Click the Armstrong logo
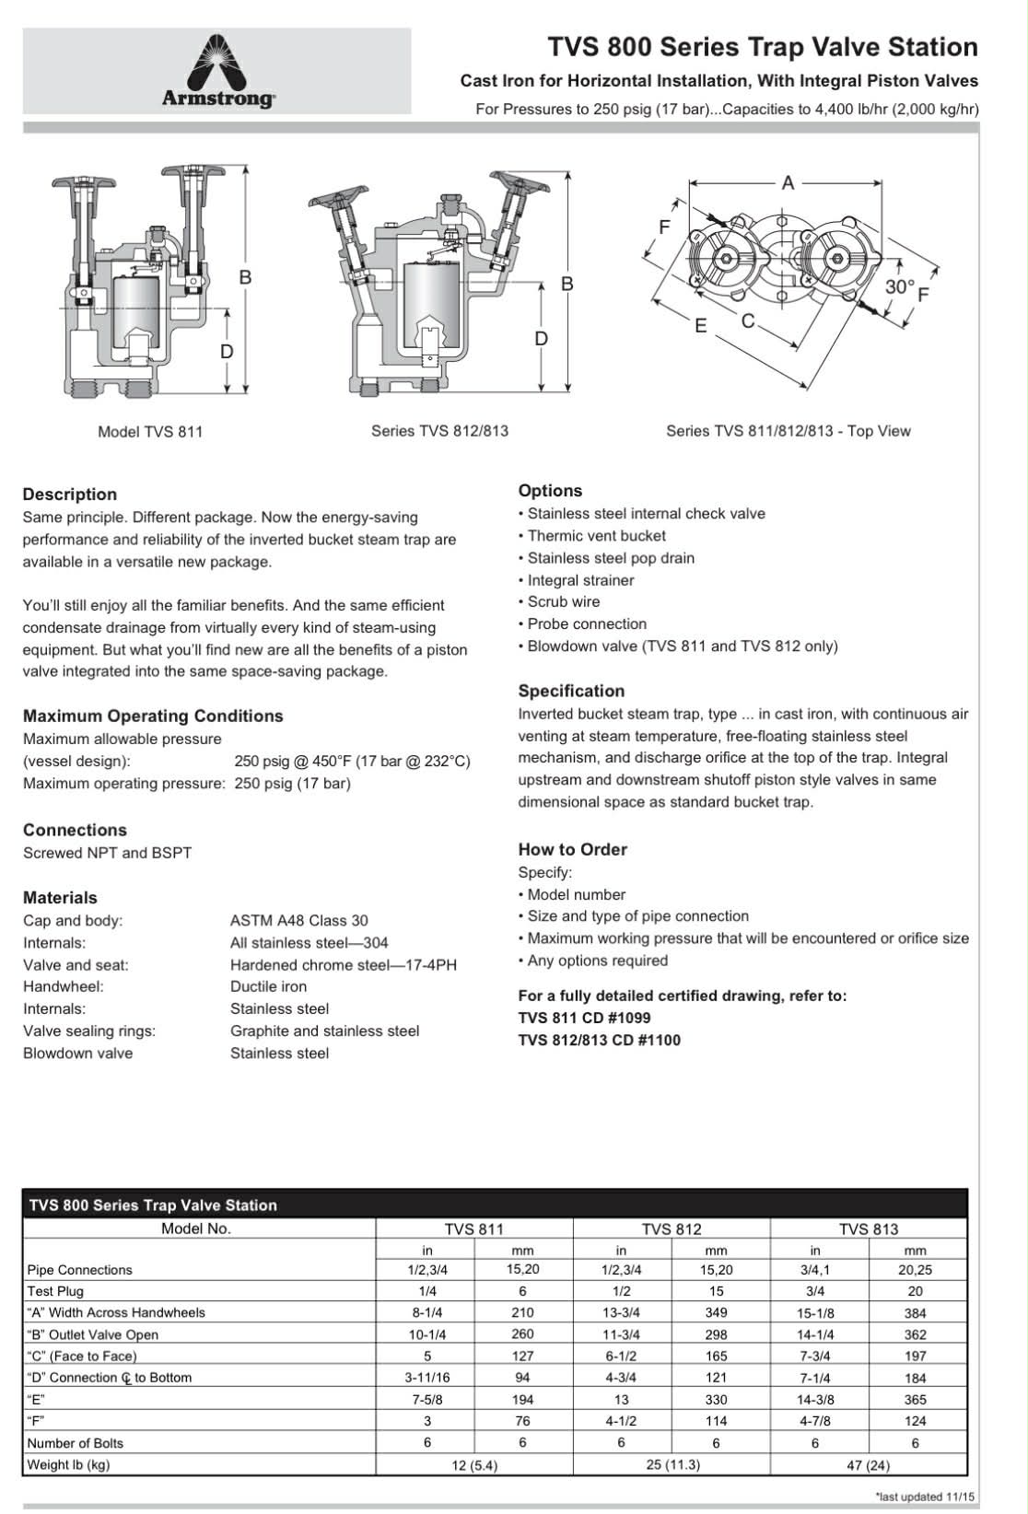(218, 71)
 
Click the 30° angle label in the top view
(899, 286)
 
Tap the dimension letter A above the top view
(788, 183)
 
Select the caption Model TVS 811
(150, 431)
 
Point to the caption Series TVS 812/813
(439, 430)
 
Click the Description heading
(70, 495)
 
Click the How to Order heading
(572, 849)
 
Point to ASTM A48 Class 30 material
(298, 920)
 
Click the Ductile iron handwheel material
(268, 986)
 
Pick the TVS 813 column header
(868, 1229)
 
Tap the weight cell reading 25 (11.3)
(672, 1464)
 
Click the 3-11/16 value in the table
(427, 1378)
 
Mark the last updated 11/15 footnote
(925, 1497)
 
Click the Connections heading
(75, 830)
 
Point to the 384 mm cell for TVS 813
(915, 1313)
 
